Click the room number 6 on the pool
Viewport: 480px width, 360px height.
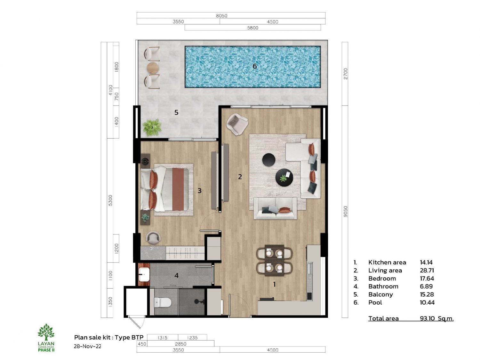(x=254, y=66)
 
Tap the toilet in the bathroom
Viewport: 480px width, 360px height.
(x=163, y=302)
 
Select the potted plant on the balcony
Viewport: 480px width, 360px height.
(x=152, y=127)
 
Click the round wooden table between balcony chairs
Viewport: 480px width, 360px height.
(x=152, y=68)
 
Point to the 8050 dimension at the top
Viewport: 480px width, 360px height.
(x=221, y=16)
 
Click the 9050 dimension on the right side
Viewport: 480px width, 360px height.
(x=345, y=212)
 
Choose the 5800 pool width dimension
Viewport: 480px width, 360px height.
(x=252, y=28)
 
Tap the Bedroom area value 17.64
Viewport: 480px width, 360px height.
(x=427, y=278)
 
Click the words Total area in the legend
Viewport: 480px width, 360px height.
(x=383, y=318)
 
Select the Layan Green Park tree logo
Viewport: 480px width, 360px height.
(x=46, y=332)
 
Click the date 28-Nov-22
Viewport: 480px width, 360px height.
(x=87, y=346)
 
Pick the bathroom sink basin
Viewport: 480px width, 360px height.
(x=144, y=275)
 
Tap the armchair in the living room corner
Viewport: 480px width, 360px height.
(x=237, y=124)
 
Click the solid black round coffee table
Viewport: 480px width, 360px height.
(x=268, y=160)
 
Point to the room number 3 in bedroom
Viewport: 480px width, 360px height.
(x=199, y=191)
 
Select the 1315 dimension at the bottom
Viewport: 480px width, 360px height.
(x=162, y=338)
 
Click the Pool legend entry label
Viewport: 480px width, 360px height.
(x=375, y=302)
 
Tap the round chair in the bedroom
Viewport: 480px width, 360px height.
(x=153, y=237)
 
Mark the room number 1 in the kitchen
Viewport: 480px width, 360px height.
(x=274, y=284)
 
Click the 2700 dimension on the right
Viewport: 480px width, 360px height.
(x=345, y=74)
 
